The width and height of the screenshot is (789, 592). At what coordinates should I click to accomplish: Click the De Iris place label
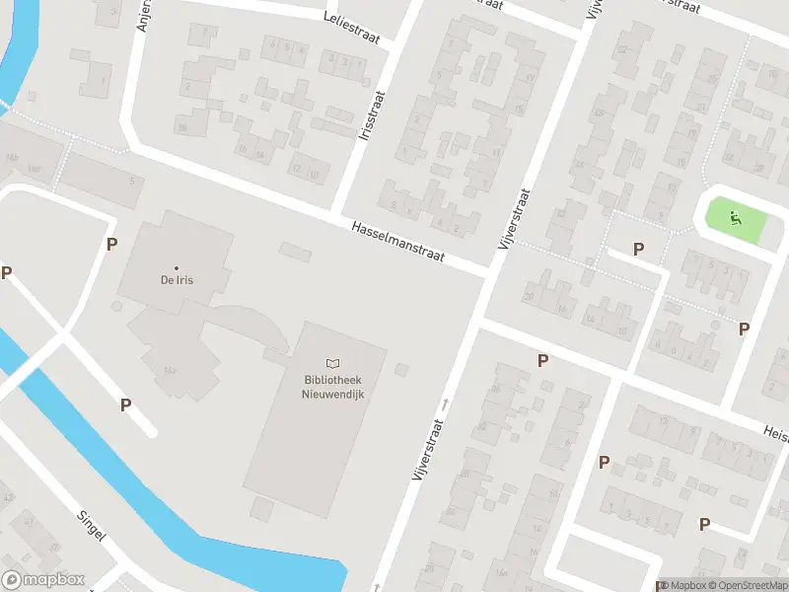(x=177, y=280)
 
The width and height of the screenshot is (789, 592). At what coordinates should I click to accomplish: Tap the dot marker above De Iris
(x=177, y=267)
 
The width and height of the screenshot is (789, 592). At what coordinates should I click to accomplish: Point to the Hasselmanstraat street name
(x=397, y=241)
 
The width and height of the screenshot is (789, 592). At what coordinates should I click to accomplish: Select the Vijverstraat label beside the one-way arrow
(x=426, y=449)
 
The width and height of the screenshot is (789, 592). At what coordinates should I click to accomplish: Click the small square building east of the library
(x=400, y=370)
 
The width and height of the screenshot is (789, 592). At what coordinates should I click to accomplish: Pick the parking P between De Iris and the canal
(x=125, y=405)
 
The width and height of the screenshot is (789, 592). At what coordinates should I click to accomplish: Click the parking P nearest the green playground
(x=639, y=249)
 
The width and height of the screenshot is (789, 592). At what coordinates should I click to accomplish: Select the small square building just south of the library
(x=261, y=509)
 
